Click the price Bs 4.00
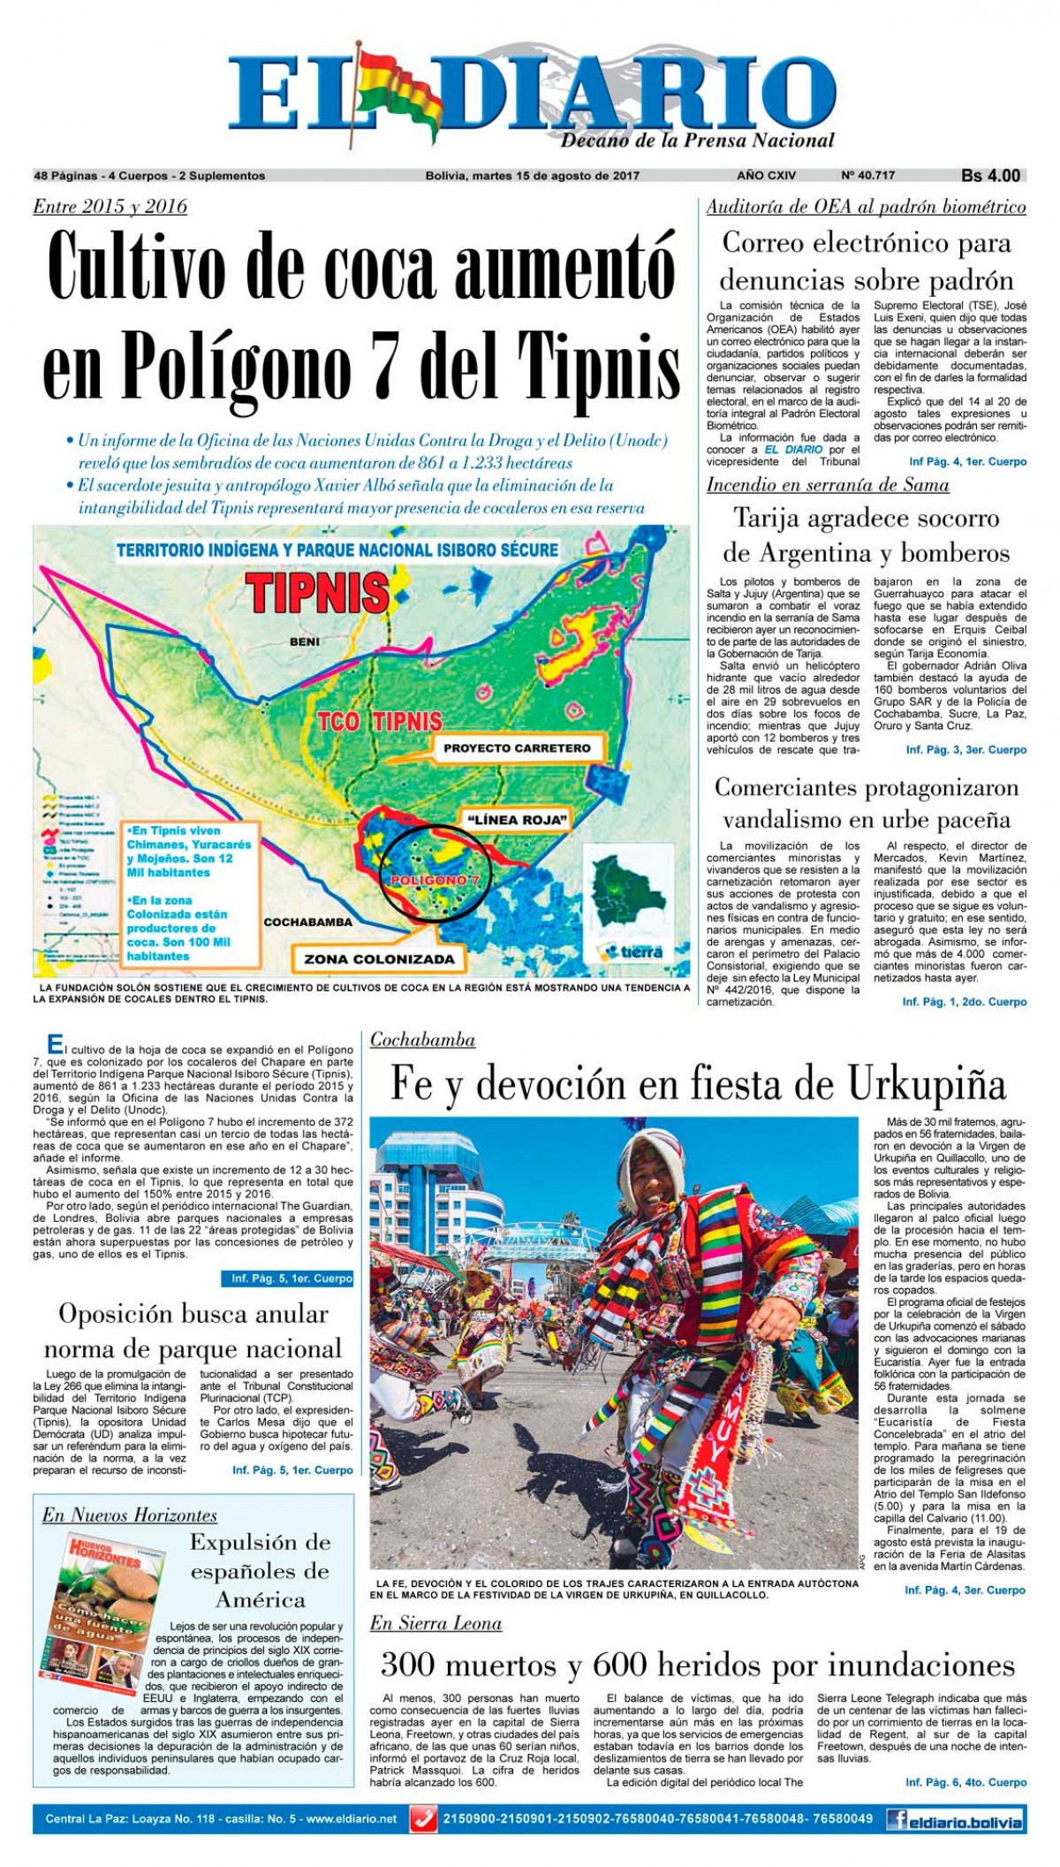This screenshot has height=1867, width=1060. click(x=990, y=176)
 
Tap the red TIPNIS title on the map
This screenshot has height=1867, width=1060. click(x=317, y=592)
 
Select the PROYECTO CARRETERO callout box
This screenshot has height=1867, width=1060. click(x=517, y=748)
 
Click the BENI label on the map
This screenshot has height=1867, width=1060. click(x=304, y=641)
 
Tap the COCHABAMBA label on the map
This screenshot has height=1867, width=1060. click(x=307, y=922)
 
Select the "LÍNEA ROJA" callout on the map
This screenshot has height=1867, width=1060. click(x=516, y=819)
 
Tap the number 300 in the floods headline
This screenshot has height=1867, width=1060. click(x=411, y=1666)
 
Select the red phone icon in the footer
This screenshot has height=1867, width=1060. click(x=426, y=1819)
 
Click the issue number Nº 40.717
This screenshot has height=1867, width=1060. click(x=867, y=176)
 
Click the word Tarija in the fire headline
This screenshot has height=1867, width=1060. click(x=776, y=518)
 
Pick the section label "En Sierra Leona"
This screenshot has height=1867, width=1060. click(x=435, y=1623)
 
